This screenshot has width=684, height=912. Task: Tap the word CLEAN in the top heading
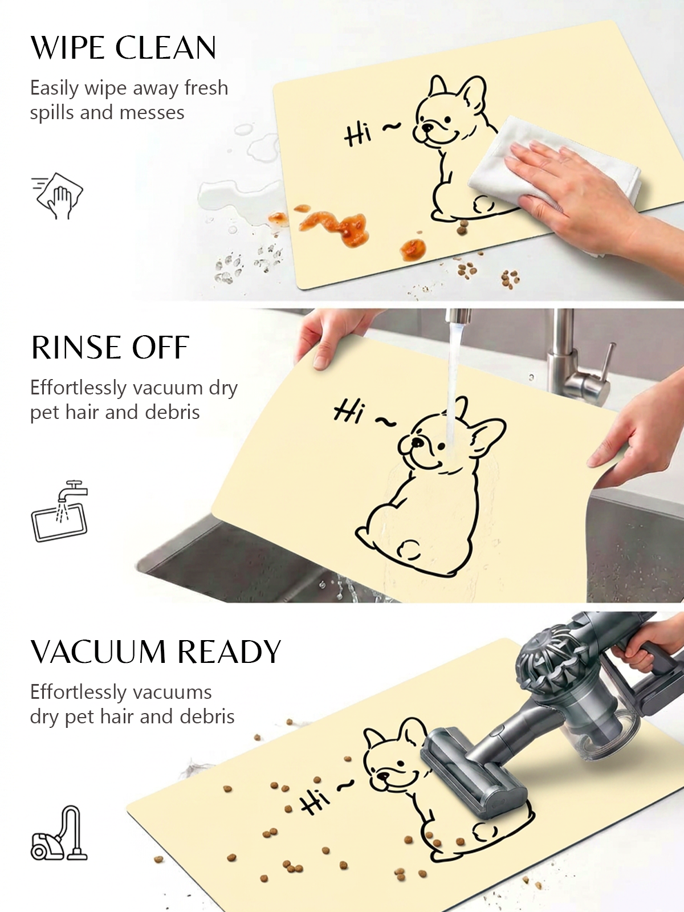tap(166, 48)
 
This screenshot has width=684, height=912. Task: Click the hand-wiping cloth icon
tap(57, 195)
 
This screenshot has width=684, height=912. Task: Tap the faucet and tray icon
tap(60, 511)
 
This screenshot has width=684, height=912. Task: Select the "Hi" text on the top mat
tap(358, 135)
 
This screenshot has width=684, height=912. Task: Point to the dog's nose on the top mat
tap(424, 125)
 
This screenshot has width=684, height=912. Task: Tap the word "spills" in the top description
tap(51, 113)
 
